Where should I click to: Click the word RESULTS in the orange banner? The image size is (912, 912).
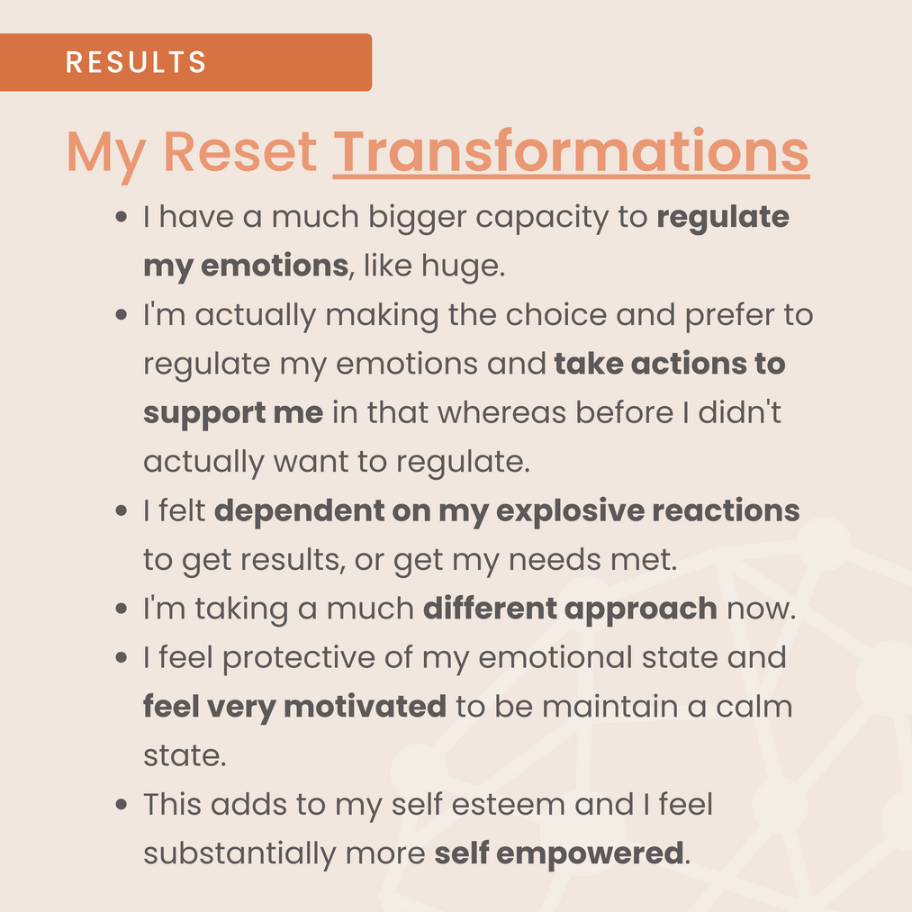pyautogui.click(x=136, y=62)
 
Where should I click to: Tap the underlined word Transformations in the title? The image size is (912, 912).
pyautogui.click(x=571, y=152)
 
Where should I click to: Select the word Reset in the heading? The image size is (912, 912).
pyautogui.click(x=240, y=152)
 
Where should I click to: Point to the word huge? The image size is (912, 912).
pyautogui.click(x=463, y=267)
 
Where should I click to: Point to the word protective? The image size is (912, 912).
pyautogui.click(x=298, y=659)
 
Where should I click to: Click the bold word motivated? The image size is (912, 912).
pyautogui.click(x=365, y=707)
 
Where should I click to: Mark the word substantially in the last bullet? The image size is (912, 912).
pyautogui.click(x=239, y=853)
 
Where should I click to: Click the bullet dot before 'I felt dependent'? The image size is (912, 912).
pyautogui.click(x=121, y=511)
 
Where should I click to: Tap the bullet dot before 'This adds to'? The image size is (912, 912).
pyautogui.click(x=121, y=805)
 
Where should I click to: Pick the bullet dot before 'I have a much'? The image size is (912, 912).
pyautogui.click(x=121, y=217)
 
